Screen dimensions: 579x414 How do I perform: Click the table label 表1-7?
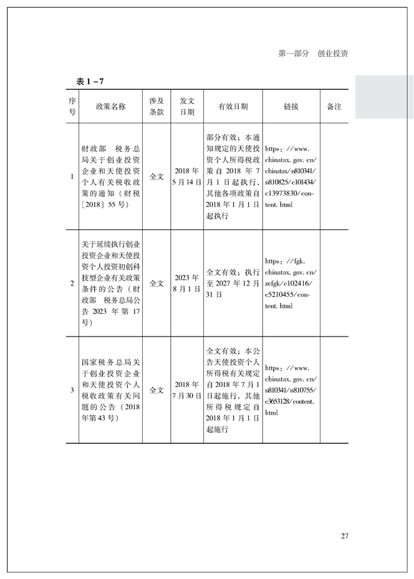click(x=89, y=82)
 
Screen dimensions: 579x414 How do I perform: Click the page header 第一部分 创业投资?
click(x=312, y=54)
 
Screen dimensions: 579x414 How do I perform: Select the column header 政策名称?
click(x=110, y=107)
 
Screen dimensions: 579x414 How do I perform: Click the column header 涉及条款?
click(x=156, y=107)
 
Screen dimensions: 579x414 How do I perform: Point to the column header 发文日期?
click(x=187, y=107)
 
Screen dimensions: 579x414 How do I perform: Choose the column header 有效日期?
click(x=233, y=107)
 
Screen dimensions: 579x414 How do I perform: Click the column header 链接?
click(x=291, y=107)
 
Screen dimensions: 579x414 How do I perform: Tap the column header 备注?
click(x=334, y=107)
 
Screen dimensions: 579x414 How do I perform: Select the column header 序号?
click(x=72, y=107)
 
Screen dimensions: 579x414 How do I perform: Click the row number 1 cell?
click(x=72, y=177)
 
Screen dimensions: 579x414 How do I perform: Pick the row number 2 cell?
click(x=72, y=284)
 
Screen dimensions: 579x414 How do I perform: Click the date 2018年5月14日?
click(x=187, y=177)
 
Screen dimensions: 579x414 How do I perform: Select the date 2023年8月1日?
click(x=187, y=284)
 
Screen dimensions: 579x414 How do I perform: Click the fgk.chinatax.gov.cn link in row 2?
click(x=291, y=284)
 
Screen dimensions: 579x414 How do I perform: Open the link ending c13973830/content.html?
click(x=291, y=177)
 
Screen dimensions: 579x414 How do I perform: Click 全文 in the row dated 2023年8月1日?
click(x=156, y=284)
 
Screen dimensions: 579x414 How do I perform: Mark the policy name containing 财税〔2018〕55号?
click(x=110, y=177)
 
